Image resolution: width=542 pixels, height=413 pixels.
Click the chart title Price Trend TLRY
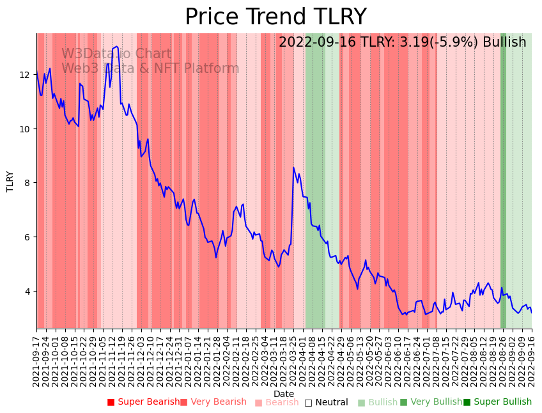(275, 17)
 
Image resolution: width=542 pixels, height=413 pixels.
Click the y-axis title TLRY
(10, 181)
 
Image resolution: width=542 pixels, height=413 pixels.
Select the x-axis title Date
(284, 394)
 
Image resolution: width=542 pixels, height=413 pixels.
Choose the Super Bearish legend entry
(143, 402)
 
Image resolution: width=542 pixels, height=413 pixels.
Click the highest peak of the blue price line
(116, 46)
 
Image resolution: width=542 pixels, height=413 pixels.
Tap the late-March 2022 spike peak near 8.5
(293, 168)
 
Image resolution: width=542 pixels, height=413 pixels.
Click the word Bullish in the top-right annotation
(504, 43)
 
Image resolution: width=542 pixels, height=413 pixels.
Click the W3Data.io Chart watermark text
(116, 54)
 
